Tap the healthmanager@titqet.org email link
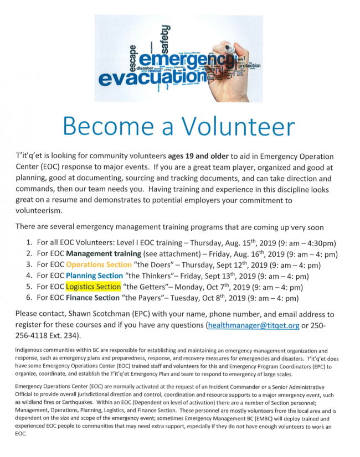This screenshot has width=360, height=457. [253, 325]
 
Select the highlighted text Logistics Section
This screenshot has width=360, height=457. [93, 287]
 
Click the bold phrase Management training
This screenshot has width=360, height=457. [104, 253]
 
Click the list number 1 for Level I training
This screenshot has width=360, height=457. [29, 242]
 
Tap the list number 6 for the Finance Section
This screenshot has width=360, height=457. [29, 298]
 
